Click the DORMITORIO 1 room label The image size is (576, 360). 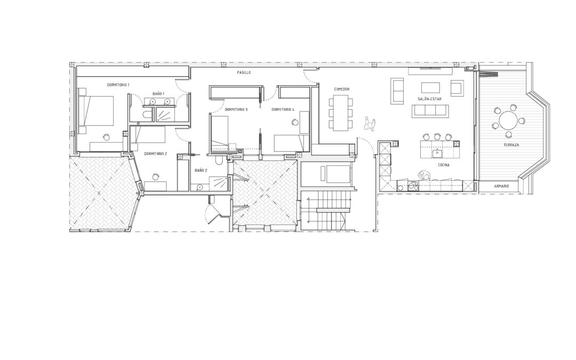118,85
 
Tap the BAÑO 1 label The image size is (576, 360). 158,94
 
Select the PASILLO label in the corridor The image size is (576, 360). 244,73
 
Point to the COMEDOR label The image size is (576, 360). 342,89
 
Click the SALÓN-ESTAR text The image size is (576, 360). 429,99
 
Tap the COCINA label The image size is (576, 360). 443,165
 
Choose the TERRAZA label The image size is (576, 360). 511,145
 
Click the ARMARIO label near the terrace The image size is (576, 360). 501,187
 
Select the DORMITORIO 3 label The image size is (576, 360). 236,109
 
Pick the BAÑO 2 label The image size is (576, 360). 201,171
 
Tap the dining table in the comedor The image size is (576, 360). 340,113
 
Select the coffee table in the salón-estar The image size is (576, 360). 430,87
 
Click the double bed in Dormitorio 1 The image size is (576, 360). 98,111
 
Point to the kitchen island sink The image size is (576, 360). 437,153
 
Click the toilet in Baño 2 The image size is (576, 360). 218,161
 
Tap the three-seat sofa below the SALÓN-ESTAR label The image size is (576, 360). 430,111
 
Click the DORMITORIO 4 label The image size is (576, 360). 283,109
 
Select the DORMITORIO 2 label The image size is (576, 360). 155,154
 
